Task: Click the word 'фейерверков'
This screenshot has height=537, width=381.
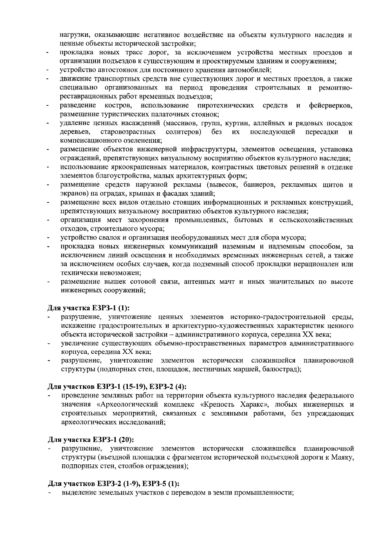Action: pos(331,105)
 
